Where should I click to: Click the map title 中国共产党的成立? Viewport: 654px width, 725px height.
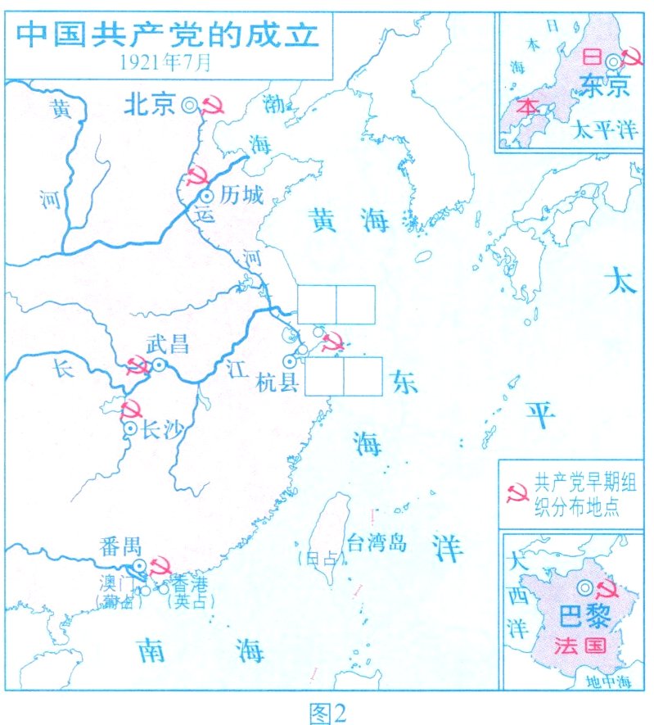pos(168,34)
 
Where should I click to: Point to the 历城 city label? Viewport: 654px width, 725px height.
pos(238,197)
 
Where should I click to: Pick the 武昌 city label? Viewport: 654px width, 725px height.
pos(168,344)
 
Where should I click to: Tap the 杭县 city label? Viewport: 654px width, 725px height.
pos(274,382)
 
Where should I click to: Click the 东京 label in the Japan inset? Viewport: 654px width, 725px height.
pos(602,84)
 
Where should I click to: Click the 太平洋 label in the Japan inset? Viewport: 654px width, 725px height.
pos(603,129)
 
